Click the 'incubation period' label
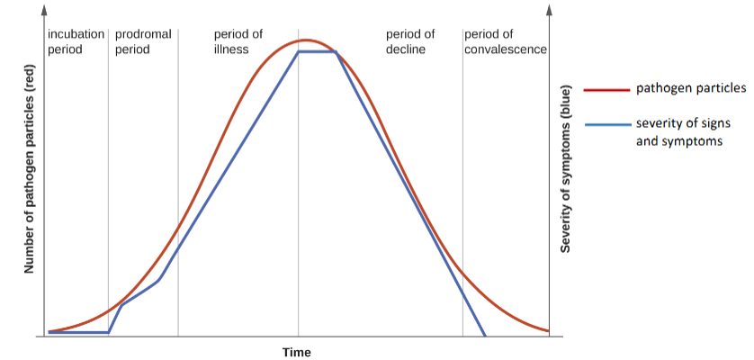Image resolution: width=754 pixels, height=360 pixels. tap(76, 41)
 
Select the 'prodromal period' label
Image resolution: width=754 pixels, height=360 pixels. tap(139, 41)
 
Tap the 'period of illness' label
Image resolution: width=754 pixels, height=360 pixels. tap(238, 41)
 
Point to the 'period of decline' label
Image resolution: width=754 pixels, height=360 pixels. tap(410, 41)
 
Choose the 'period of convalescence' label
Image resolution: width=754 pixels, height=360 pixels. tap(506, 41)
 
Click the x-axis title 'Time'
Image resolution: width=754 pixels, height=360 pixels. tap(297, 352)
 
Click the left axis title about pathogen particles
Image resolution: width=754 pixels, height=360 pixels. tap(28, 171)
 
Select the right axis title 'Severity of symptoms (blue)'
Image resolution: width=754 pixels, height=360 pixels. tap(566, 171)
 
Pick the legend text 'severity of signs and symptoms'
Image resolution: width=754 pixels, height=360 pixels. tap(680, 132)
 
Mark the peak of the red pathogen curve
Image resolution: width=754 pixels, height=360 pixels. tap(307, 40)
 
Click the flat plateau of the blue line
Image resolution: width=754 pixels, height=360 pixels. tap(317, 51)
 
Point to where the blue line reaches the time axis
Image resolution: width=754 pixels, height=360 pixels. tap(485, 336)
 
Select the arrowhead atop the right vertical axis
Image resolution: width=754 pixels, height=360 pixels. tap(550, 10)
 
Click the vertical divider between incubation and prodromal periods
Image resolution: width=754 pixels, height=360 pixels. tap(108, 180)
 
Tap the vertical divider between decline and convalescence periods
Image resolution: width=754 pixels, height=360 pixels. tap(462, 180)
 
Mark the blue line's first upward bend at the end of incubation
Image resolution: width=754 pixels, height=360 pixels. tap(109, 332)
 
